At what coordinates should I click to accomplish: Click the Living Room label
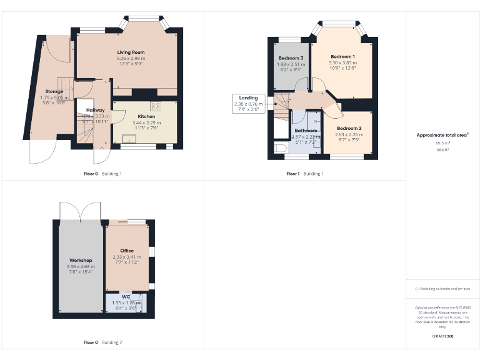coord(131,52)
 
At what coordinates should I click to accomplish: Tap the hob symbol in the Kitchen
coord(155,106)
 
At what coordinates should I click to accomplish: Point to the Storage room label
coord(54,91)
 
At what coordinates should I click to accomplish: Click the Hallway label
coord(95,110)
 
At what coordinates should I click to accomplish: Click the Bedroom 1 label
coord(342,57)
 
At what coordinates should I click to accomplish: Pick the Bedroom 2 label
coord(348,128)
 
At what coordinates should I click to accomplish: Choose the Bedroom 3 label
coord(291,57)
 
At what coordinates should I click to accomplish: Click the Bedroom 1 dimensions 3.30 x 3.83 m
coord(342,63)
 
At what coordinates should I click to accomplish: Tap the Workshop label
coord(80,260)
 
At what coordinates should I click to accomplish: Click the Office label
coord(127,251)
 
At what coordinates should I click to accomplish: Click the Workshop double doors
coord(80,212)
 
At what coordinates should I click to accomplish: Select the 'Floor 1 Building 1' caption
coord(305,173)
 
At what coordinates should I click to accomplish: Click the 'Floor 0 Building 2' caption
coord(103,342)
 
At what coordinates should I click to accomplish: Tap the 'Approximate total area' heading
coord(442,134)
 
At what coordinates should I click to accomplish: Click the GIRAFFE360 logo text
coord(442,336)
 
